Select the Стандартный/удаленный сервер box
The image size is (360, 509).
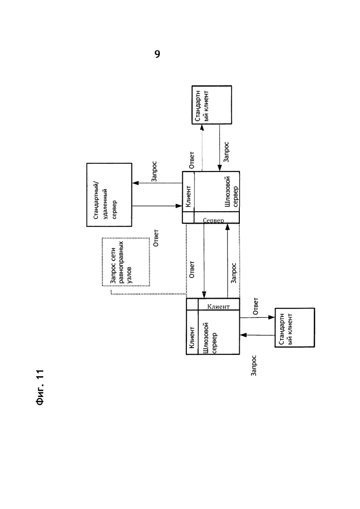(x=109, y=194)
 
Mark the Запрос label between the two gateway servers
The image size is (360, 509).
(x=233, y=273)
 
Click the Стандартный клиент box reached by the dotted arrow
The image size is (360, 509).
(x=211, y=105)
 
